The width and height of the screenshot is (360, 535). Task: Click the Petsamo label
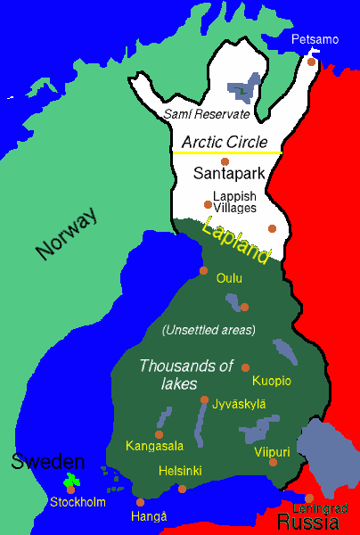coord(315,40)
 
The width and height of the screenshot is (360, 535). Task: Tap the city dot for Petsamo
coord(312,62)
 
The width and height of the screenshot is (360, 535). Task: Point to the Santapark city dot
coord(225,161)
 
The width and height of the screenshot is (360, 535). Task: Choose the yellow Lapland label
coord(236,240)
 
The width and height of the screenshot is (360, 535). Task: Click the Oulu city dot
coord(204,270)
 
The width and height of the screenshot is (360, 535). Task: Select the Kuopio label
coord(272,381)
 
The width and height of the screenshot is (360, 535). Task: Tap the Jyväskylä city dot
coord(205,399)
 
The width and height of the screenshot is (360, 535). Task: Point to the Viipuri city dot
coord(274,462)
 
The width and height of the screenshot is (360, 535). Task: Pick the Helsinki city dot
coord(182,488)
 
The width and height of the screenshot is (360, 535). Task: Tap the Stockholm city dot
coord(70,489)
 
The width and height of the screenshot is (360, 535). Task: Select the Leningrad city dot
coord(309,498)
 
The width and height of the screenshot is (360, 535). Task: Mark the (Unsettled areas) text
coord(209,331)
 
